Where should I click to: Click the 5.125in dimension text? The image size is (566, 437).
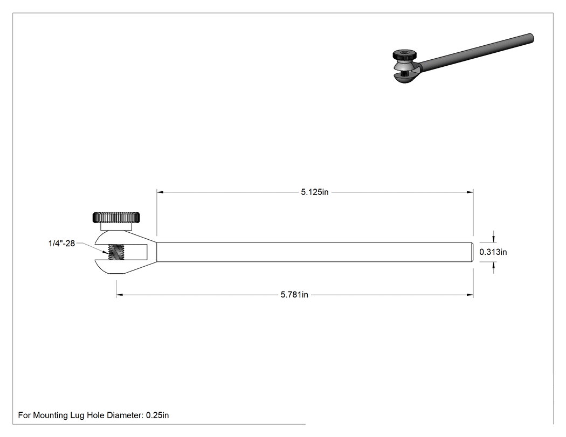pos(315,192)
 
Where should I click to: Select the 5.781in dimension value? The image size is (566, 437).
pos(294,295)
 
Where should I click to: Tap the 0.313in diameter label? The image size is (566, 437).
pos(493,252)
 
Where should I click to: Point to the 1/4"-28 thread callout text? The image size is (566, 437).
pos(62,244)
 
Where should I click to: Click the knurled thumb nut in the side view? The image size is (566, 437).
pos(116,218)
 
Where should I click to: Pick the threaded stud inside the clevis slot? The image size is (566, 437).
pos(116,252)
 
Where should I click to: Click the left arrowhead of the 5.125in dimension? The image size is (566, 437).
pos(160,192)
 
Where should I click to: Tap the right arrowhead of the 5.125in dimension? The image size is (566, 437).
pos(470,192)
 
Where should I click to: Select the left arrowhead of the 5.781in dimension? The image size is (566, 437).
pos(120,295)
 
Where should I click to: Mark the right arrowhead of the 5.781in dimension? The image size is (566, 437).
pos(470,295)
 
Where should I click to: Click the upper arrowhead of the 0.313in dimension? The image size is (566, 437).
pos(494,239)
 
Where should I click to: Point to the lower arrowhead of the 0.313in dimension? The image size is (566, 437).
pos(494,265)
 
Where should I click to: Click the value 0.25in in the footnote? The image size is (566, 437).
pos(157,415)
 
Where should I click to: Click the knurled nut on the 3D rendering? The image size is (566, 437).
pos(404,55)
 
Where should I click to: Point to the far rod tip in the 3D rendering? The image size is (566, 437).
pos(532,38)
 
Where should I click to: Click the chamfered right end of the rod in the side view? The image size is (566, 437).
pos(472,252)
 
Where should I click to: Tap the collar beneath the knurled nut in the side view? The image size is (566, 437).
pos(116,227)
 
